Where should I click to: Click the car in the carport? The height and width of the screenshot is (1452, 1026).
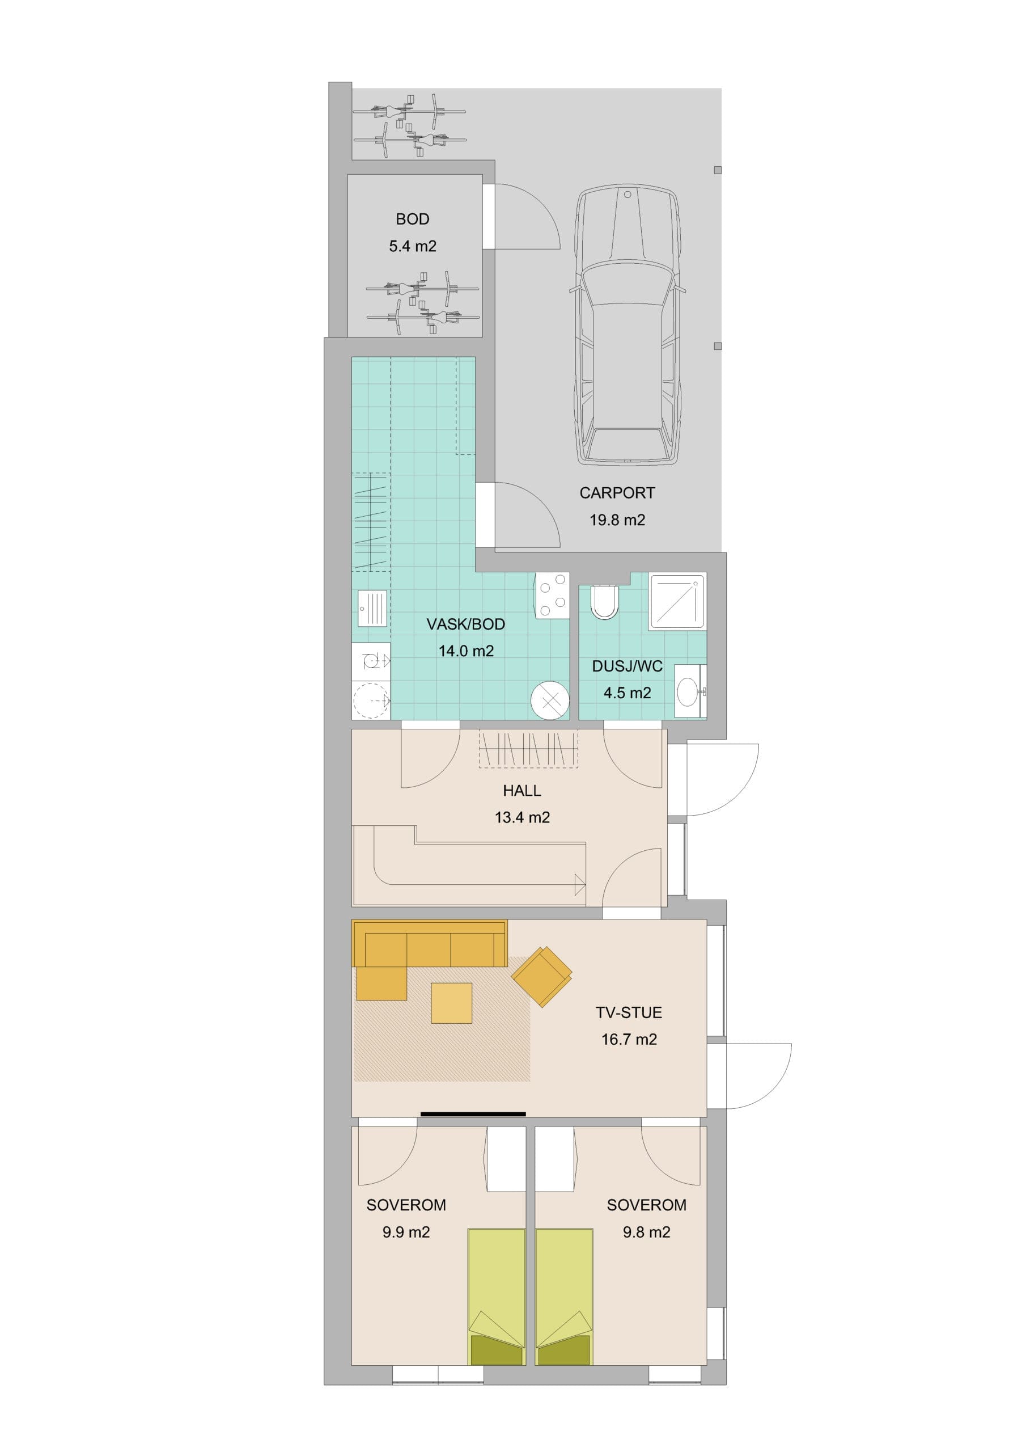[x=628, y=326]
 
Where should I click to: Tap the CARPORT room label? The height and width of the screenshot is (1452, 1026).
[x=617, y=493]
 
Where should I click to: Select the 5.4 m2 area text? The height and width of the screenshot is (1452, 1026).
[x=412, y=247]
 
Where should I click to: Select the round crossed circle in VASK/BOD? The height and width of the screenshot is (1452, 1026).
[x=550, y=700]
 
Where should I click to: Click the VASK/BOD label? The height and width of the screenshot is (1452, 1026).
[x=466, y=625]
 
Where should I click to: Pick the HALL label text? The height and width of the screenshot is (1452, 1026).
[x=522, y=791]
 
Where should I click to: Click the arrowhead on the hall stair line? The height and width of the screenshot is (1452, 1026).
[x=580, y=884]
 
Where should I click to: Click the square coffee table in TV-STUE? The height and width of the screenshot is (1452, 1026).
[x=451, y=1003]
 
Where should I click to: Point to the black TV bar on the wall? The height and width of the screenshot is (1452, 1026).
[x=473, y=1113]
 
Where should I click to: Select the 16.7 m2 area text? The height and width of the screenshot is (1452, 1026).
[x=629, y=1040]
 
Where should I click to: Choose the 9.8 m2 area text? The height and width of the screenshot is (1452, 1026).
[x=646, y=1232]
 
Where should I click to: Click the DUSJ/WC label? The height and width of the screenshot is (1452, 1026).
[x=627, y=666]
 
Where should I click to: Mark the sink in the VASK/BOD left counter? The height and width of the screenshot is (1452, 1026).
[x=371, y=609]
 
